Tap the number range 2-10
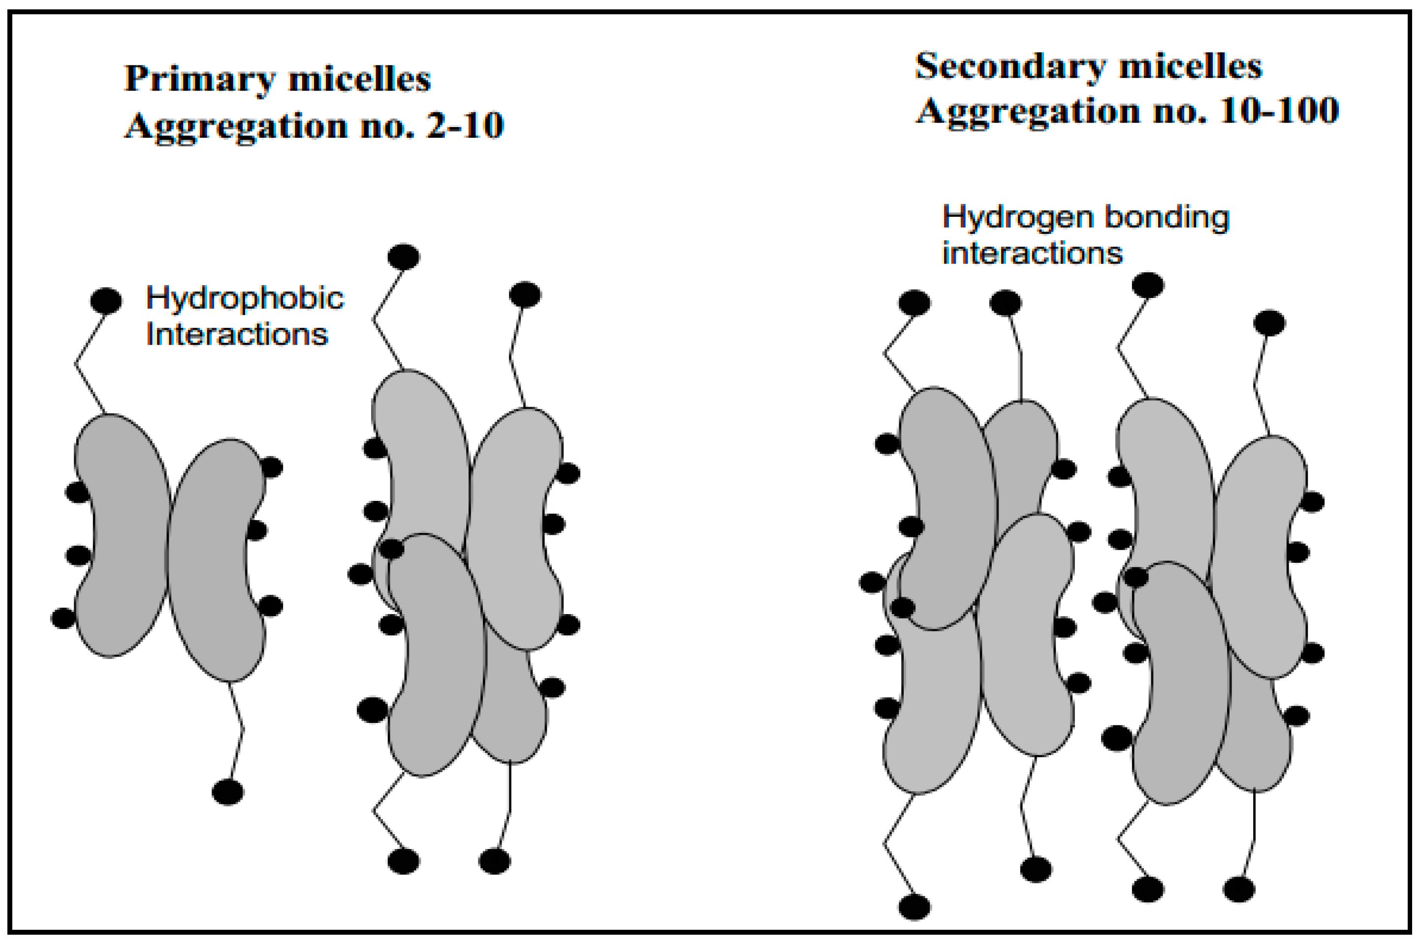pos(465,126)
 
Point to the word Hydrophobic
pos(245,298)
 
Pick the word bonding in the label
pos(1166,218)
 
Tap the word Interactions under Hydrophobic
pos(237,334)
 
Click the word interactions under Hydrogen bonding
pos(1032,253)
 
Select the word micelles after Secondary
pos(1190,66)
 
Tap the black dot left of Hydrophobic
pos(106,300)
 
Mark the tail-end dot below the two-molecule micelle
pos(228,792)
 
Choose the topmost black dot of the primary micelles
pos(404,257)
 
